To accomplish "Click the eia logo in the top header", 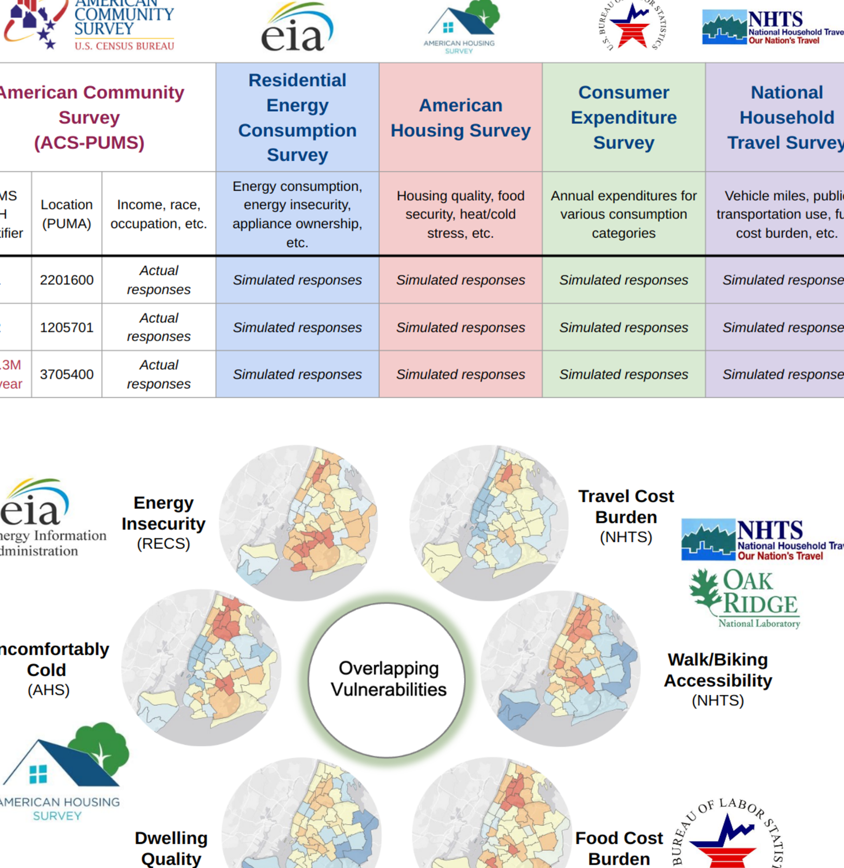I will click(x=297, y=29).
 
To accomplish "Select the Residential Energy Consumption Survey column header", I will click(x=297, y=117).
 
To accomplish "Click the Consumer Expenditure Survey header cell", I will click(x=623, y=117).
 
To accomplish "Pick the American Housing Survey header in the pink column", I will click(x=460, y=117).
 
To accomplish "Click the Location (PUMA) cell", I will click(x=67, y=214).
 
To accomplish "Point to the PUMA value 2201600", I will click(x=67, y=280).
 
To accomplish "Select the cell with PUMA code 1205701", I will click(x=67, y=327).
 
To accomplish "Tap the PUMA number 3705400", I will click(x=67, y=375).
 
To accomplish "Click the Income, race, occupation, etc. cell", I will click(x=158, y=214).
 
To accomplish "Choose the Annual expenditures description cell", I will click(x=623, y=214).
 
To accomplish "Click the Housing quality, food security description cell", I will click(x=460, y=214).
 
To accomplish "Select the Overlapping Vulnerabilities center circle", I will click(x=388, y=679).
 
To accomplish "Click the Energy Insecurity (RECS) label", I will click(x=163, y=523).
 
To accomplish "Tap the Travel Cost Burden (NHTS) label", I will click(x=626, y=516).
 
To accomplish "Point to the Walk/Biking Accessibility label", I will click(x=718, y=679).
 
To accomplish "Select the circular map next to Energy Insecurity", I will click(x=298, y=523).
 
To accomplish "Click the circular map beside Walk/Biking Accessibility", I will click(x=560, y=669).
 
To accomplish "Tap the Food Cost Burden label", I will click(x=619, y=848).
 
